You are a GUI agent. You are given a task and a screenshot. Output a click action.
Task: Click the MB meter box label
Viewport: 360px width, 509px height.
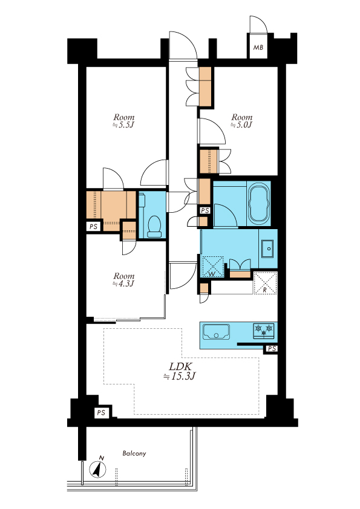258,48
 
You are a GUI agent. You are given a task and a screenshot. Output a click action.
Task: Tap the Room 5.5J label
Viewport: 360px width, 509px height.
123,121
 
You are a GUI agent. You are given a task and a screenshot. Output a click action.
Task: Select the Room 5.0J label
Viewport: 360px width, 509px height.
242,121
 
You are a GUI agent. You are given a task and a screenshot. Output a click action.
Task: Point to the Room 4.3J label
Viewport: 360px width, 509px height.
123,280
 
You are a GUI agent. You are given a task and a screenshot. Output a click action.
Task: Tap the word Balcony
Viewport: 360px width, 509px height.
134,453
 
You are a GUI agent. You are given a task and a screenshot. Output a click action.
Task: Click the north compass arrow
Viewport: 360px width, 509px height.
98,469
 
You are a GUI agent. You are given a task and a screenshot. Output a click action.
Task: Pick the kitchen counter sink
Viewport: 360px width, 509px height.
216,332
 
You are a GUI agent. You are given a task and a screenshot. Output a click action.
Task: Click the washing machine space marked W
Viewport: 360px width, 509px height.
212,267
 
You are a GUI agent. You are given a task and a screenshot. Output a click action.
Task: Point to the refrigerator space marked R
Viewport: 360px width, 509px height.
265,283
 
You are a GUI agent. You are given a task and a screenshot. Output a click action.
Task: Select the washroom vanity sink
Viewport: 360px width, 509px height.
267,249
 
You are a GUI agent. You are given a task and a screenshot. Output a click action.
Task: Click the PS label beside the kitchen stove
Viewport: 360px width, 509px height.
272,349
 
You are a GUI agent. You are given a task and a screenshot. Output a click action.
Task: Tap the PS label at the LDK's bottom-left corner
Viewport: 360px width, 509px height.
101,413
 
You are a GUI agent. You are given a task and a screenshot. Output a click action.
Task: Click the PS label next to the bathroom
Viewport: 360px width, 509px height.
205,211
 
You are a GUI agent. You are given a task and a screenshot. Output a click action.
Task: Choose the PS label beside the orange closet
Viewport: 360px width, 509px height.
93,227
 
